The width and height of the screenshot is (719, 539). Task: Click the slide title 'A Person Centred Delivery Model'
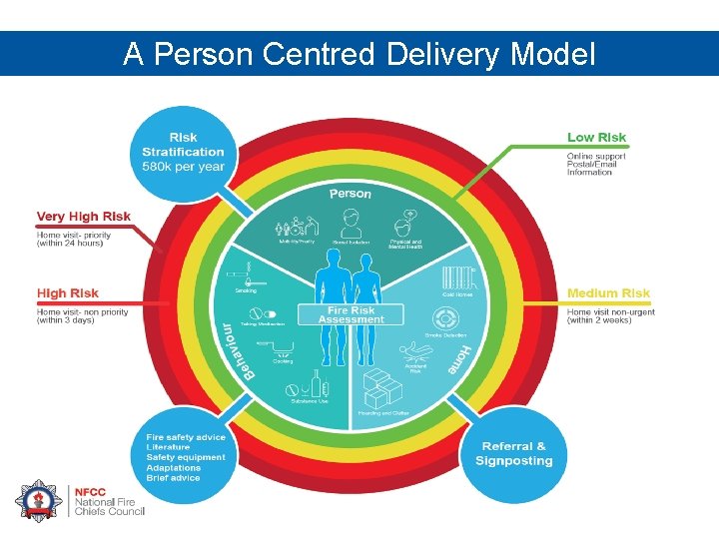point(359,54)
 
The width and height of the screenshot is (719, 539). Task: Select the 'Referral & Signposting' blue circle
point(513,453)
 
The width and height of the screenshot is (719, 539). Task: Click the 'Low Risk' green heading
point(596,138)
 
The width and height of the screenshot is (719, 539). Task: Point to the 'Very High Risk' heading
point(84,217)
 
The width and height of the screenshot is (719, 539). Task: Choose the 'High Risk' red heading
point(68,293)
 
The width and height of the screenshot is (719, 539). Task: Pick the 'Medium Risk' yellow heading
point(608,293)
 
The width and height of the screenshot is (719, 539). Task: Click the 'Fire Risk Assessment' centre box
point(351,314)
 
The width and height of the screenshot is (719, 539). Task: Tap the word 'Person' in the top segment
point(351,194)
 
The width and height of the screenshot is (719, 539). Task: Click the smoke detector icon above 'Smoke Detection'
point(444,317)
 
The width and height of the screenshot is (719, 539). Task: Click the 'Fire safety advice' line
point(186,438)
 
